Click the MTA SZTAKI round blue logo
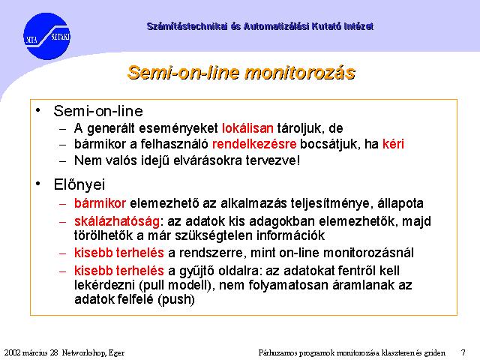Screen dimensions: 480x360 pos(46,36)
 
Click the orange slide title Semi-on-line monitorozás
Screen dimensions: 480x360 pos(241,73)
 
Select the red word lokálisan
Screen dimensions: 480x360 pos(247,128)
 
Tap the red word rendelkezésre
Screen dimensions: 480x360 pos(254,144)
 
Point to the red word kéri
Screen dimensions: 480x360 pos(393,144)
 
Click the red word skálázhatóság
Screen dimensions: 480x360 pos(117,221)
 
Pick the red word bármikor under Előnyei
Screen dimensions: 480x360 pos(100,203)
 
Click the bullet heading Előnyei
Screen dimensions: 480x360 pos(79,184)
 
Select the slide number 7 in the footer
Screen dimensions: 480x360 pos(463,352)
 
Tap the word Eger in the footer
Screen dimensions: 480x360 pos(116,353)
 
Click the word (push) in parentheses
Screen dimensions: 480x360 pos(176,299)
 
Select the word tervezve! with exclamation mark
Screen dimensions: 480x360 pos(273,160)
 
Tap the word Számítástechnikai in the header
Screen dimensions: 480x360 pos(187,26)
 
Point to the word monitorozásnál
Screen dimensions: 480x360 pos(368,253)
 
